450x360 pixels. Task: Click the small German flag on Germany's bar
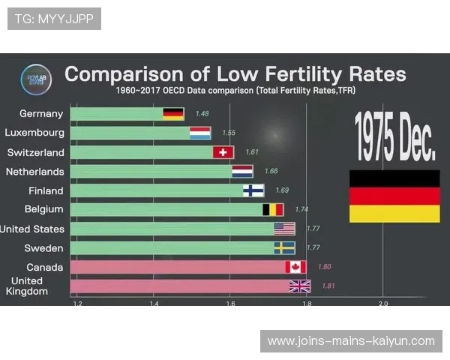pyautogui.click(x=173, y=114)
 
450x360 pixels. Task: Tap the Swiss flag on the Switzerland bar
pyautogui.click(x=223, y=152)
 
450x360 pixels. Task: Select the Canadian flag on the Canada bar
pyautogui.click(x=295, y=266)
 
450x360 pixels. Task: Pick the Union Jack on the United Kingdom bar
pyautogui.click(x=300, y=286)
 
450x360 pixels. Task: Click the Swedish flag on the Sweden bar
pyautogui.click(x=284, y=247)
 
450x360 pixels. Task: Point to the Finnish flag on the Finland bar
pyautogui.click(x=253, y=190)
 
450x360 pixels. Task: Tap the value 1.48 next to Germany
pyautogui.click(x=201, y=114)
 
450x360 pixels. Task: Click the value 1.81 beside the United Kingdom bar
pyautogui.click(x=328, y=286)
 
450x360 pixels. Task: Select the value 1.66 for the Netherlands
pyautogui.click(x=271, y=172)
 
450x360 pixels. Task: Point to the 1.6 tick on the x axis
pyautogui.click(x=230, y=304)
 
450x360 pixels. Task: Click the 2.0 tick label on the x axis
pyautogui.click(x=382, y=304)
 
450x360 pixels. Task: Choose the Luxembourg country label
pyautogui.click(x=34, y=133)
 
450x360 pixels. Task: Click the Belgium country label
pyautogui.click(x=43, y=209)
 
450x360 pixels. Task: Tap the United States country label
pyautogui.click(x=32, y=229)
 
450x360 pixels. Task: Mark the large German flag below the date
pyautogui.click(x=394, y=196)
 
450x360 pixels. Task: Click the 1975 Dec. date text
pyautogui.click(x=394, y=136)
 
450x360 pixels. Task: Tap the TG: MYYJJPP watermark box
pyautogui.click(x=54, y=19)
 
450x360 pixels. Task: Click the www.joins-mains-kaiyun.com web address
pyautogui.click(x=351, y=341)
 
